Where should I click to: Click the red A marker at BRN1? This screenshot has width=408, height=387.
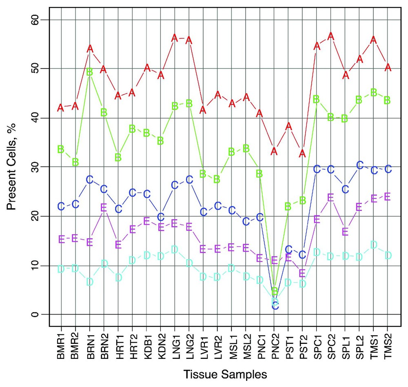(90, 48)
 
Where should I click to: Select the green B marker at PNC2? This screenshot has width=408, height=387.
(275, 291)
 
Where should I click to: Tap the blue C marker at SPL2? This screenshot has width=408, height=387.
(359, 165)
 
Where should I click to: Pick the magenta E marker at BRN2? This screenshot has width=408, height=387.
(104, 208)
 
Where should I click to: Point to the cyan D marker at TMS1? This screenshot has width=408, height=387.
(373, 245)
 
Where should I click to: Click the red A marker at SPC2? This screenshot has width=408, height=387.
(331, 36)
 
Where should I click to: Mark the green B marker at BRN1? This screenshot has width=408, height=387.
(90, 72)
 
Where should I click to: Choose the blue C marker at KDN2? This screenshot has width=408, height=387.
(161, 217)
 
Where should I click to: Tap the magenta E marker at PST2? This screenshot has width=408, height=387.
(302, 273)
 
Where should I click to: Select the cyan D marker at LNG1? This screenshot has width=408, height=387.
(175, 249)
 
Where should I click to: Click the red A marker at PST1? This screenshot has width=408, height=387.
(288, 126)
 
